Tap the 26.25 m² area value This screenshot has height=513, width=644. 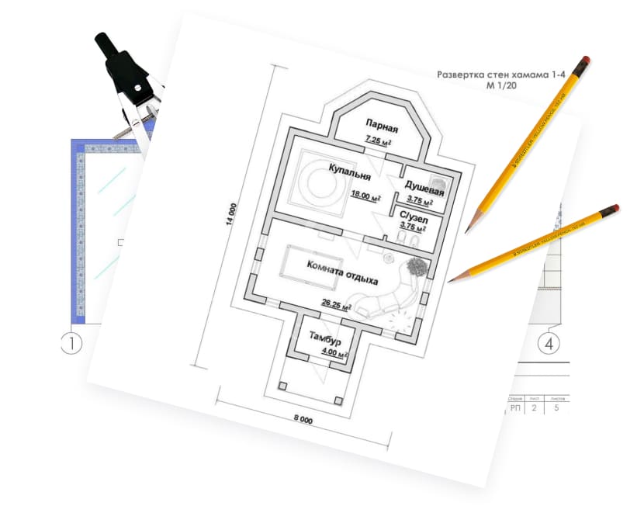tap(337, 306)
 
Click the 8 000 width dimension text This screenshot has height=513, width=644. tap(302, 420)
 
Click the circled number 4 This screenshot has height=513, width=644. tap(550, 342)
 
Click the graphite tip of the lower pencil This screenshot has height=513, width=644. tap(451, 280)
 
